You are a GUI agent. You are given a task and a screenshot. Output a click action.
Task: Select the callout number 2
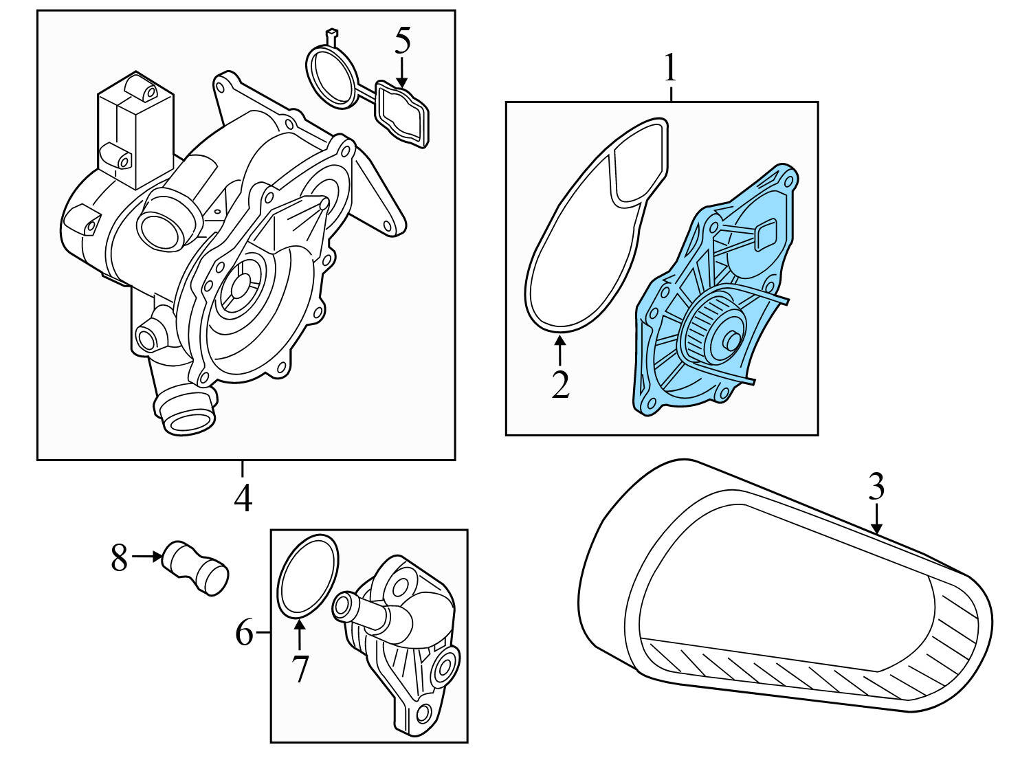click(561, 385)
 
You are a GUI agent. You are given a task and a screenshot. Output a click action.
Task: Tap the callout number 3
click(876, 488)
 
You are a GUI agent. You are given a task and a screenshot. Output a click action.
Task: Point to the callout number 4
click(243, 498)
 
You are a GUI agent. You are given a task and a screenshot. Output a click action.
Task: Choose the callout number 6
click(245, 633)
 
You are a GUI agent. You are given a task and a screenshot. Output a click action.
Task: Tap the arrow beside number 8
click(147, 557)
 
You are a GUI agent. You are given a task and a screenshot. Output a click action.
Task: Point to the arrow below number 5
click(402, 73)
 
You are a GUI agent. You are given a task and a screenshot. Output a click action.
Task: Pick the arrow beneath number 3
click(876, 519)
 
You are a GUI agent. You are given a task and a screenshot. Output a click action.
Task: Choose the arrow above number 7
click(299, 635)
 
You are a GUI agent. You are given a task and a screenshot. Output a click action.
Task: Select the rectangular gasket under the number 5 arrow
click(402, 114)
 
